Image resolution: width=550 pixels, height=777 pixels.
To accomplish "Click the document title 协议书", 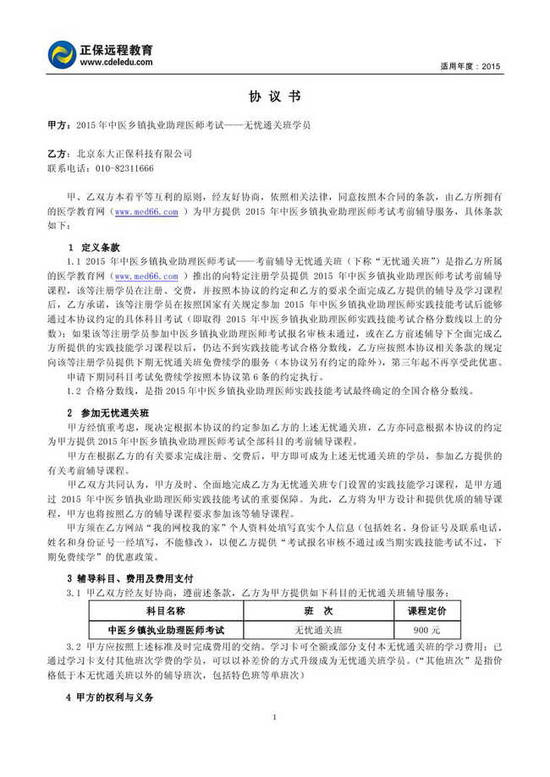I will click(x=275, y=96).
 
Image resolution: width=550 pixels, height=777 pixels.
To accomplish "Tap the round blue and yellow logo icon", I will click(x=63, y=55).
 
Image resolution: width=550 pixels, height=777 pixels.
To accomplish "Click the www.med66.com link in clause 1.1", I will click(x=146, y=276).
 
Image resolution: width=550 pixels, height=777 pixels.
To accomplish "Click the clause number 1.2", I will click(x=73, y=390).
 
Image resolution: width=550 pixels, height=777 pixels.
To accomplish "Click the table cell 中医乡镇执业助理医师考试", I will click(x=166, y=630).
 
